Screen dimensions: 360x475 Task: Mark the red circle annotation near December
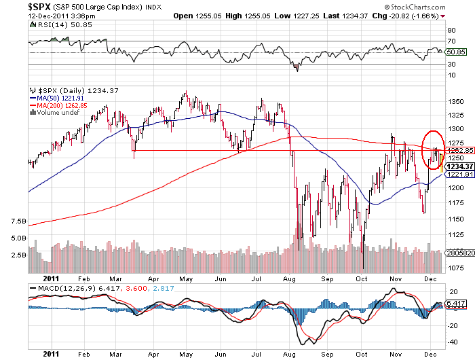pyautogui.click(x=432, y=148)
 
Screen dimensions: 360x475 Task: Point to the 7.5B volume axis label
pyautogui.click(x=19, y=221)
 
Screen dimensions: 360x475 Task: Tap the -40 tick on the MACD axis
pyautogui.click(x=450, y=342)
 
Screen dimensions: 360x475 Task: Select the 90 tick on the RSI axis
pyautogui.click(x=450, y=31)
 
